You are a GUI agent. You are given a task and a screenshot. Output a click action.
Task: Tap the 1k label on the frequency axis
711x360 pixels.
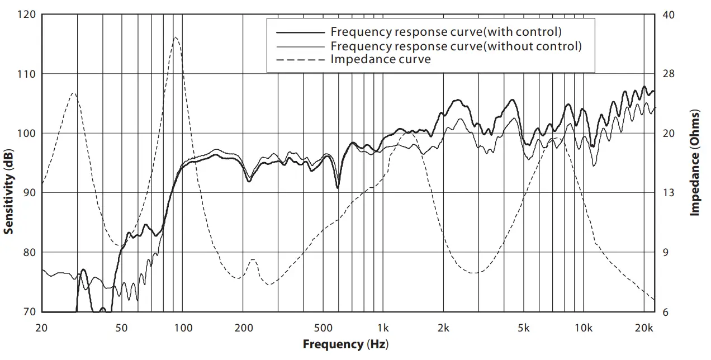pos(383,327)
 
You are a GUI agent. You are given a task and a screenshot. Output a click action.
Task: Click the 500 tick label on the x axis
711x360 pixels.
pos(323,327)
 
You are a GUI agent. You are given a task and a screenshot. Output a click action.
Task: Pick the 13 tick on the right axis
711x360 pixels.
pos(668,193)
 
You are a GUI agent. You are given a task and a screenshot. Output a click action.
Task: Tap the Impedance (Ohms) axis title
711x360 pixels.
pos(695,163)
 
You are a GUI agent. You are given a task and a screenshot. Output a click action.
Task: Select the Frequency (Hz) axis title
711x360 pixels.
pos(345,344)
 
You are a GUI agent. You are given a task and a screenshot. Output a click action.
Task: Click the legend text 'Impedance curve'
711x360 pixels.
pos(381,59)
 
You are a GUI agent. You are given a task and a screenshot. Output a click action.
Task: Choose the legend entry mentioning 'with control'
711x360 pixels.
pos(446,31)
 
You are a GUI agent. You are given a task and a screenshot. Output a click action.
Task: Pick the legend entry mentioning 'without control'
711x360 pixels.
pos(456,46)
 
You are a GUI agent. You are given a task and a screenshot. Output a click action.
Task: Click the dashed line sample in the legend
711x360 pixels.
pos(297,59)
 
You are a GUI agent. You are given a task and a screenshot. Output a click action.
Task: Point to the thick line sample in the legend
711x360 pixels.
pos(297,32)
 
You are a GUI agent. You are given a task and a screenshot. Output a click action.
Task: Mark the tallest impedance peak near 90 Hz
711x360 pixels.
pos(176,37)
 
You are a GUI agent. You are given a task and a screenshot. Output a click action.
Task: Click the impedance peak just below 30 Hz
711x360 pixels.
pos(73,93)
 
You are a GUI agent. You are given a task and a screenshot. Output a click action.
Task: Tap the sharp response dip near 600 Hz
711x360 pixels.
pos(338,188)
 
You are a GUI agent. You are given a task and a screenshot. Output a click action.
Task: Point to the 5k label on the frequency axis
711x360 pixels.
pos(524,327)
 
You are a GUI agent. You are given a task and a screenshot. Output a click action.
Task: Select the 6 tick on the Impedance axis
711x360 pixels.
pos(665,312)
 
